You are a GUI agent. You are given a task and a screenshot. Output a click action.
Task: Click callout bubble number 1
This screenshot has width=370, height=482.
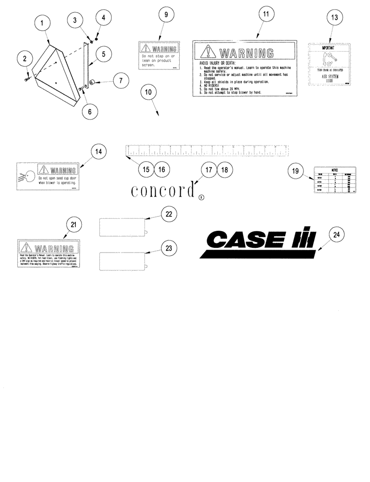tap(43, 23)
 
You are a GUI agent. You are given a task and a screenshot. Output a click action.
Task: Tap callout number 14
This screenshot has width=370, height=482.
tap(98, 152)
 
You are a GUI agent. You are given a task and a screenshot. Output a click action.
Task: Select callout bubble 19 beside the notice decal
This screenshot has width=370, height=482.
tap(296, 170)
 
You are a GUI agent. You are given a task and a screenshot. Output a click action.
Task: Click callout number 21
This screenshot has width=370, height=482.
tap(73, 225)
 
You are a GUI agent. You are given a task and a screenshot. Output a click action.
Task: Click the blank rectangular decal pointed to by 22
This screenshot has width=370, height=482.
tap(123, 228)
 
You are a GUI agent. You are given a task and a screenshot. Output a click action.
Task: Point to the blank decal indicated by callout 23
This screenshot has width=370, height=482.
tap(123, 261)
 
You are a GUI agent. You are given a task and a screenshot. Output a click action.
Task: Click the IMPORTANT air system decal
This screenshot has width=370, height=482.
tap(331, 64)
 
